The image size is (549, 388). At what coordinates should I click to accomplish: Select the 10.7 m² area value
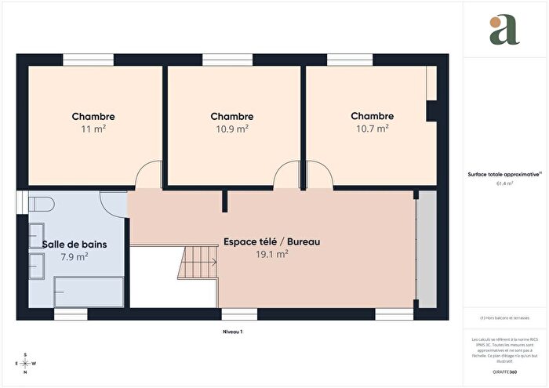pos(372,128)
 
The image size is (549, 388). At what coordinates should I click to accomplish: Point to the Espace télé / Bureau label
pos(272,241)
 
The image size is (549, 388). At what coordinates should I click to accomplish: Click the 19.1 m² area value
pos(272,254)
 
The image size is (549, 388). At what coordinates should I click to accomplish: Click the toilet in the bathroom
pos(39,205)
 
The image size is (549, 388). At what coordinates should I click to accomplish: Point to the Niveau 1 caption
pos(233,332)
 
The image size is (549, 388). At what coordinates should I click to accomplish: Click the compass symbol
pos(25,364)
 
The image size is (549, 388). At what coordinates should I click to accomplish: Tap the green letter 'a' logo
pos(504,31)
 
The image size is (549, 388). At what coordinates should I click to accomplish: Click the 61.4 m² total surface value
pos(504,183)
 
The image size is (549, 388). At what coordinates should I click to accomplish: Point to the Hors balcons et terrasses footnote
pos(504,317)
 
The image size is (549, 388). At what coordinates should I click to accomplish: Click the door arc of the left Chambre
pos(147,176)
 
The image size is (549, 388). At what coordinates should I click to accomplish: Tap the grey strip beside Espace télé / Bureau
pos(427,248)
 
